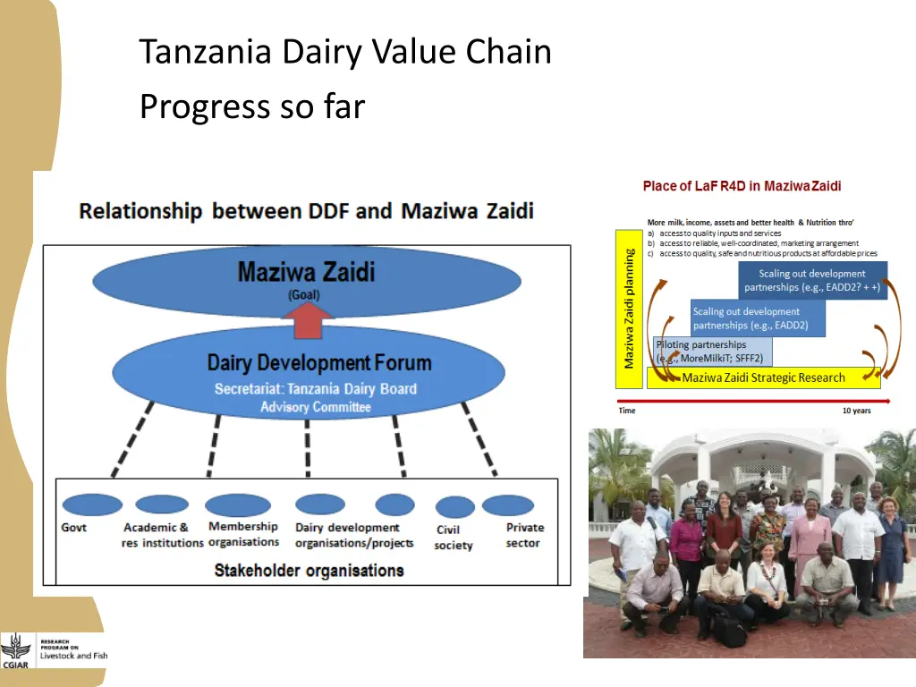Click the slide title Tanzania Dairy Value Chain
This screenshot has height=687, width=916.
345,53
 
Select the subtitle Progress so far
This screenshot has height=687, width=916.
252,106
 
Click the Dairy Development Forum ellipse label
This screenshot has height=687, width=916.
319,363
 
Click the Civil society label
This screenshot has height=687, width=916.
453,538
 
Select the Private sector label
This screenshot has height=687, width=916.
524,535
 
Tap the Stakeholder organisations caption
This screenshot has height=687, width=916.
309,570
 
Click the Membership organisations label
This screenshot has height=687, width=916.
243,534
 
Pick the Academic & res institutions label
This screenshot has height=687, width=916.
162,535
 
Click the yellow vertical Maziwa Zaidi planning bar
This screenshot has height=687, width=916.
630,309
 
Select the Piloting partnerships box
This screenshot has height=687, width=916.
713,351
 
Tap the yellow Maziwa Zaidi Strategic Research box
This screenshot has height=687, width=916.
763,377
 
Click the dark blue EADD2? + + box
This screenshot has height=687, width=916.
812,281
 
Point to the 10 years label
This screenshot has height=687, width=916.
856,411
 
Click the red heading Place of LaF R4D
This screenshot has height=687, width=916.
742,186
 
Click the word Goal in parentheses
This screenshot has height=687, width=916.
303,294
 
